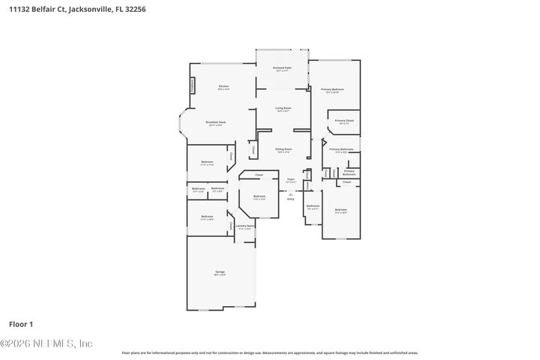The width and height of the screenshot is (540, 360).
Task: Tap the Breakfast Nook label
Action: pos(217,122)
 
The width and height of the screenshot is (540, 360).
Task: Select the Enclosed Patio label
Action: pos(283,68)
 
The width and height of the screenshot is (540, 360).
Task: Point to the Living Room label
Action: pos(283,109)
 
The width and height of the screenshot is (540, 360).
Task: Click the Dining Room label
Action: pos(283,150)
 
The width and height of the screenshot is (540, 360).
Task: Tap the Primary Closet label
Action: pos(344,121)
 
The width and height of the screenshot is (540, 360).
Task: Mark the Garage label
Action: pos(220,273)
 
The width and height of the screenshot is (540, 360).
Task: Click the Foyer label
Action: pos(291,180)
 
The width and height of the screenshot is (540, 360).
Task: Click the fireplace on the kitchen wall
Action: pos(192,85)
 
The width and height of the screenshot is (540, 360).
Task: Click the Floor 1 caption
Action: pos(21,324)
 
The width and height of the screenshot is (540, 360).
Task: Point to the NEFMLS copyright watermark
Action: pos(46,343)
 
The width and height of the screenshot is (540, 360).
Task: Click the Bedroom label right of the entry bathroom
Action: pos(340,211)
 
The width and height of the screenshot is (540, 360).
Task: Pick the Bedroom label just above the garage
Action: pos(207,217)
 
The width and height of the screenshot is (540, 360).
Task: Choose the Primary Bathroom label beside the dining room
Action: pos(340,149)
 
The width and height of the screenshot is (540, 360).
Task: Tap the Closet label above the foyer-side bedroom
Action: pos(259,175)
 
